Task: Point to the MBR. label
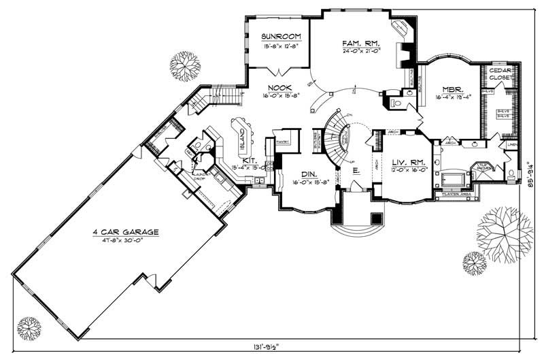coord(452,89)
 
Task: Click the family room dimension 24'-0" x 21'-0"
coord(360,50)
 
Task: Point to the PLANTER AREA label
coord(455,195)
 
